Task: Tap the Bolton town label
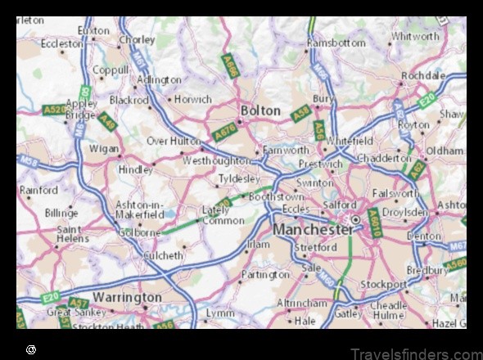[x=260, y=110]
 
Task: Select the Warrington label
[x=127, y=296]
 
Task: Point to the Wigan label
[x=104, y=149]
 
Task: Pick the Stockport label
[x=383, y=285]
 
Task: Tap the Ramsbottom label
[x=336, y=43]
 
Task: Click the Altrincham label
[x=302, y=303]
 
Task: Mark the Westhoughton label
[x=216, y=161]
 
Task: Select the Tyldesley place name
[x=238, y=178]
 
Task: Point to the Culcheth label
[x=163, y=255]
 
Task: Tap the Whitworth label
[x=416, y=36]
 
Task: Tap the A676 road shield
[x=224, y=131]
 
